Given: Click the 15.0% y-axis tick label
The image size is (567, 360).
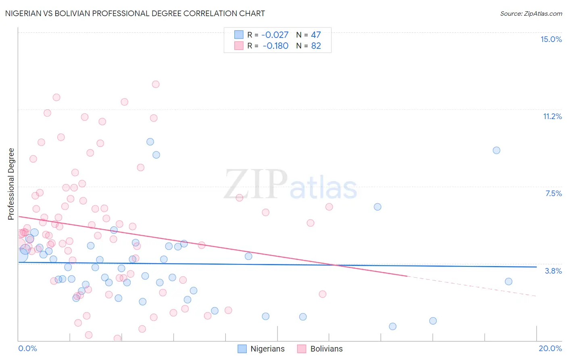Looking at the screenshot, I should coord(551,39).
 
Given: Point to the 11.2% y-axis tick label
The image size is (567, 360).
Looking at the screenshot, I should coord(552,116).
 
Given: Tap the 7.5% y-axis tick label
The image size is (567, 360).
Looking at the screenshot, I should coord(553,193).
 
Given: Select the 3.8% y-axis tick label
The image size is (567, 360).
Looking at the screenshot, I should coord(553,271).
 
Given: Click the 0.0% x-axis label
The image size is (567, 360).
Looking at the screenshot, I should coord(27,348).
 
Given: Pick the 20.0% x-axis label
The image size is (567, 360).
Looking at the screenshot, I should coord(550,348).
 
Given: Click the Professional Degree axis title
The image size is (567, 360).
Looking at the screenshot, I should coord(11,184).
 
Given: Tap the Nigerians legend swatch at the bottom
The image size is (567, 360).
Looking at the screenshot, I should coord(242,349).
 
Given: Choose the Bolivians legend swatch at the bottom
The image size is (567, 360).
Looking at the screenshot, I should coord(302,349).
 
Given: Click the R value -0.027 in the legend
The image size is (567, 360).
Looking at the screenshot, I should coord(275,35).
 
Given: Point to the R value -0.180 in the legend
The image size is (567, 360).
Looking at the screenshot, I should coord(275,46).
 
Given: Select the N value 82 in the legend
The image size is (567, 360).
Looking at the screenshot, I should coord(316,46).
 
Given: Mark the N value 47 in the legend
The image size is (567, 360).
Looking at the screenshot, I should coord(316,35).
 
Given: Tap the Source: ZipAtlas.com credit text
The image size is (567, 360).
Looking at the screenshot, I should coord(531,14).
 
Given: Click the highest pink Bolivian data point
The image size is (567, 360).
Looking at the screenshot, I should coord(156,84).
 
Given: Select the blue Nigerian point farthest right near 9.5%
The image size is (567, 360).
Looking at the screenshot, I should coord(496,150).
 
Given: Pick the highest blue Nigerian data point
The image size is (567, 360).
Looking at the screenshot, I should coord(150,142).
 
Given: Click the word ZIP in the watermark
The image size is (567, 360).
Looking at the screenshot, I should coord(256,184).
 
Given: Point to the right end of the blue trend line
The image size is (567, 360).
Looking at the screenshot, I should coord(536,267).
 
